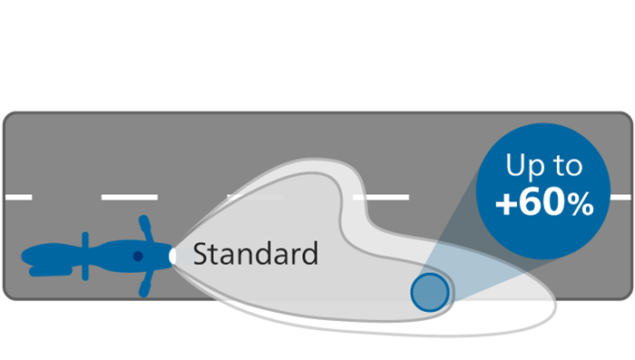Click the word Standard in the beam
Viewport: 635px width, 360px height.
click(255, 253)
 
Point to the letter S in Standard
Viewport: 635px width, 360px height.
click(200, 253)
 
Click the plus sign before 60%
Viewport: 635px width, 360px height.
click(507, 205)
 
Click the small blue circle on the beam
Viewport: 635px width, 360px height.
click(429, 292)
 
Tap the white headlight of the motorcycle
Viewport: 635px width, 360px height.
click(172, 257)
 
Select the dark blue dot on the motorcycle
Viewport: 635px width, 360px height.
click(137, 257)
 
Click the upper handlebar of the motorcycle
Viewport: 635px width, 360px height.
click(143, 227)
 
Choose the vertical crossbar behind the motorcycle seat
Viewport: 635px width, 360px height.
click(83, 258)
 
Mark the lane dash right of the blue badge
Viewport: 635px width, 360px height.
click(621, 197)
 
